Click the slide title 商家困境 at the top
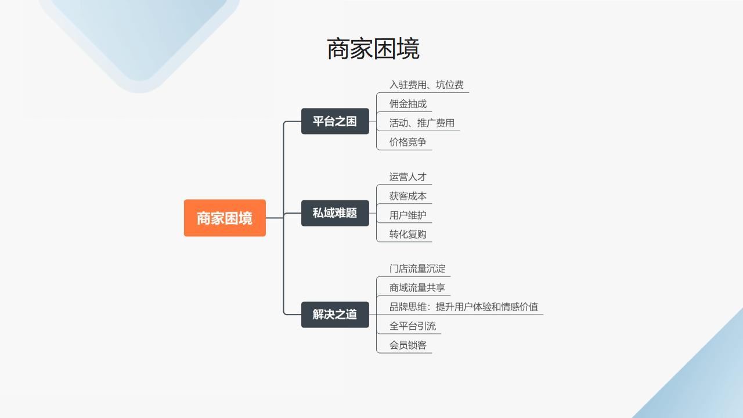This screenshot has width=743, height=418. [373, 49]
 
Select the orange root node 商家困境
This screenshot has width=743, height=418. [225, 218]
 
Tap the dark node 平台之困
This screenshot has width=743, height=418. [335, 121]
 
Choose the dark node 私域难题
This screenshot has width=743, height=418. [335, 213]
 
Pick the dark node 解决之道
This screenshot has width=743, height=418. [335, 315]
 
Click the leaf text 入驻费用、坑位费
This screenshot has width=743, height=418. [426, 85]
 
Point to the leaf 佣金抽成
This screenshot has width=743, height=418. [407, 104]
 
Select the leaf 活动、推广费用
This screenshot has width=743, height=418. [421, 123]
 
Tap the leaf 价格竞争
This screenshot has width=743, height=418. [407, 142]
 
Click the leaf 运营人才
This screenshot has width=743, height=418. [407, 177]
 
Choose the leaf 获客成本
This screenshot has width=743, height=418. [407, 196]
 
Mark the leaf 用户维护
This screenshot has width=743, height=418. [407, 215]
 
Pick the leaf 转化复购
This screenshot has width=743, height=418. [407, 234]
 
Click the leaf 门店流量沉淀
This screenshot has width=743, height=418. [417, 269]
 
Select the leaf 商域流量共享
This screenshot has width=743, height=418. [417, 288]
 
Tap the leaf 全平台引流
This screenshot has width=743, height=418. [412, 326]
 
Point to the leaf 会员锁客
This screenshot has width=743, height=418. [407, 345]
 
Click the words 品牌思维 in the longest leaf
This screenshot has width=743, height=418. [407, 307]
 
